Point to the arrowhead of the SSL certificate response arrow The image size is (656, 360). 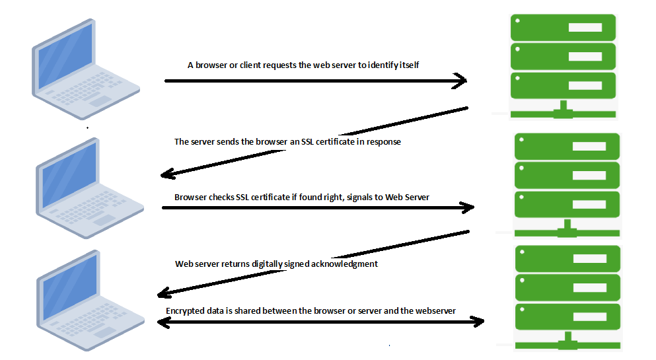(167, 174)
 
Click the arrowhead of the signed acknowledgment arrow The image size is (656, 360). (164, 293)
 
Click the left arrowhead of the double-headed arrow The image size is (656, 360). (163, 322)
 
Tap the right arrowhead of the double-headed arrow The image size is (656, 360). (478, 322)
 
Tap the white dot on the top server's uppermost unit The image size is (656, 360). (517, 20)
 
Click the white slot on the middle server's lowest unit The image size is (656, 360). (589, 205)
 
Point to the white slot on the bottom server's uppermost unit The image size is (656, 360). (590, 258)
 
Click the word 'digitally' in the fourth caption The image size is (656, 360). (266, 264)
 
